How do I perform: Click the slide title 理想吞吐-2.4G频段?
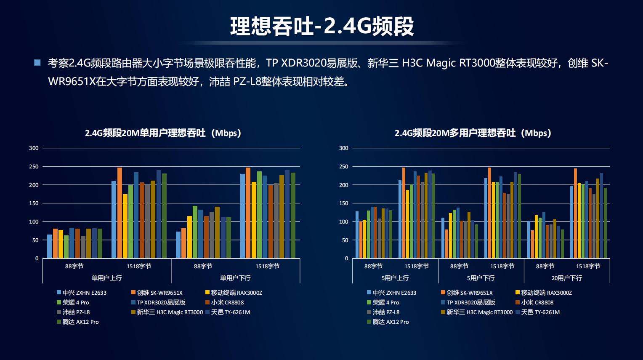click(x=322, y=26)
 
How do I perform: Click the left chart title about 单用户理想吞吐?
click(x=163, y=133)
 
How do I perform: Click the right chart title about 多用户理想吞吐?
click(x=473, y=133)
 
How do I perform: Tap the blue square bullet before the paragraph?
click(x=37, y=63)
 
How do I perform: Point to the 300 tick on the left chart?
click(x=34, y=148)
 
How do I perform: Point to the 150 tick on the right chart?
click(x=344, y=203)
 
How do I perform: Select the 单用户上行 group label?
click(x=106, y=278)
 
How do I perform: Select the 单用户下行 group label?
click(x=235, y=278)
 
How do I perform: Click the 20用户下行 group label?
click(x=566, y=278)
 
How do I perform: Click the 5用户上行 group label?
click(x=395, y=278)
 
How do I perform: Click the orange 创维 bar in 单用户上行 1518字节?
click(x=120, y=213)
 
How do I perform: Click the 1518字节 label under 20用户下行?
click(x=588, y=266)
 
